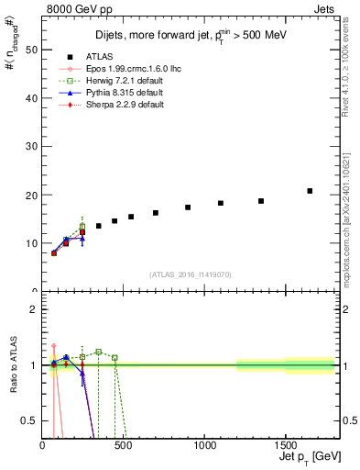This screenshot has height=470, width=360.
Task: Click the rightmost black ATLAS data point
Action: coord(310,191)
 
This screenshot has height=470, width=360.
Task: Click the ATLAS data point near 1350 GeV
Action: coord(261,201)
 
